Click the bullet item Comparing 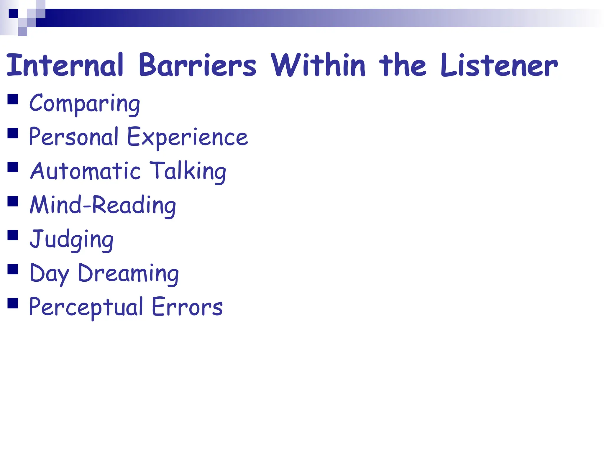pos(85,103)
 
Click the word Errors pos(187,307)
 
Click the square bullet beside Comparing pos(13,99)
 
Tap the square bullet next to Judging pos(13,235)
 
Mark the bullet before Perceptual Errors pos(13,303)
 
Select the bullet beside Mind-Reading pos(13,201)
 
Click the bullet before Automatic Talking pos(13,167)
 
